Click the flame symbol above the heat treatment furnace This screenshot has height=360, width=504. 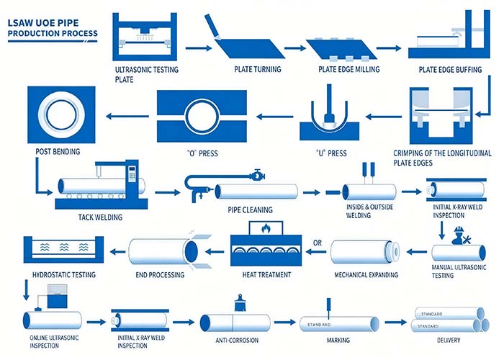[x=266, y=228]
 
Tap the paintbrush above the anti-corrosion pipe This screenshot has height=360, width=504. [x=239, y=302]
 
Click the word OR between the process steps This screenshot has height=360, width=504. [x=318, y=243]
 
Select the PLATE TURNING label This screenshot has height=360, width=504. [x=258, y=69]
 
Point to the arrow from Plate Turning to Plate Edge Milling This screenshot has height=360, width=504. [x=295, y=48]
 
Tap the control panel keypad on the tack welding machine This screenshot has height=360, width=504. [x=132, y=174]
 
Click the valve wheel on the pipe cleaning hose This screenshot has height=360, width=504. [x=257, y=176]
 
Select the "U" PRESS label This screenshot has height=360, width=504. [x=331, y=153]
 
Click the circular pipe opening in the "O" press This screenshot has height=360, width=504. [x=202, y=116]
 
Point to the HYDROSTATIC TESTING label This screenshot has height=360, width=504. [x=64, y=275]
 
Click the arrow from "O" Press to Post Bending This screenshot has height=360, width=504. [x=127, y=116]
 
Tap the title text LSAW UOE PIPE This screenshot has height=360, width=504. [x=43, y=23]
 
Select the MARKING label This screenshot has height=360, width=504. [x=338, y=340]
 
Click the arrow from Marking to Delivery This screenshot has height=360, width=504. [x=396, y=322]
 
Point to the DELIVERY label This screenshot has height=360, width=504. [x=449, y=340]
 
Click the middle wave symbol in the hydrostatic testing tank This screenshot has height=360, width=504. [x=64, y=247]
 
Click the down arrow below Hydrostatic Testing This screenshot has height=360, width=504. [x=27, y=290]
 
